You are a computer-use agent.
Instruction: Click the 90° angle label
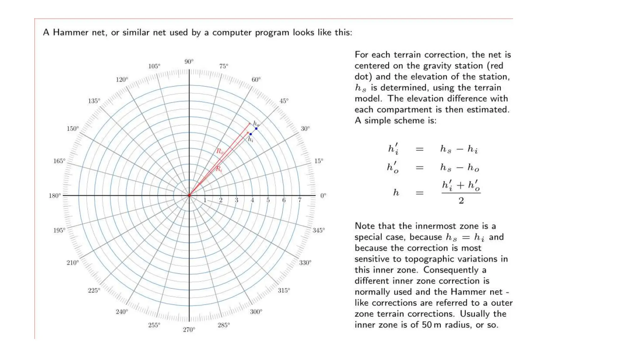click(189, 62)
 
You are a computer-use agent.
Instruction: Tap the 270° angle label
click(189, 330)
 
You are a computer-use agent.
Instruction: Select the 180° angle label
click(55, 196)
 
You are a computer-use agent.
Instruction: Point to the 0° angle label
click(323, 196)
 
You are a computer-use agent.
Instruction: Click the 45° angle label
click(284, 101)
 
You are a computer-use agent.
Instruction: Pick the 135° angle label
click(94, 101)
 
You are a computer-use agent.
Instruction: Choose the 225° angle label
click(94, 290)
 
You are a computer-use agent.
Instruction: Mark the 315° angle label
click(284, 290)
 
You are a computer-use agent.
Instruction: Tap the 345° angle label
click(319, 230)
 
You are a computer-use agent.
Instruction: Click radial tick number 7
click(300, 200)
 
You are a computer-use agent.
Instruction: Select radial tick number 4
click(252, 200)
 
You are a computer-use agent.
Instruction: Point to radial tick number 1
click(205, 200)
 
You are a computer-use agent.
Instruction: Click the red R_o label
click(220, 152)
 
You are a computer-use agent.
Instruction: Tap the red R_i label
click(219, 169)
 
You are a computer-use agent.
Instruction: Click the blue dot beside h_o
click(256, 128)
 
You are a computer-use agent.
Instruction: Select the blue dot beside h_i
click(251, 134)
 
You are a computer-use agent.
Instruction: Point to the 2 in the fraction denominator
click(461, 201)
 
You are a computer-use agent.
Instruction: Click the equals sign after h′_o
click(419, 168)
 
